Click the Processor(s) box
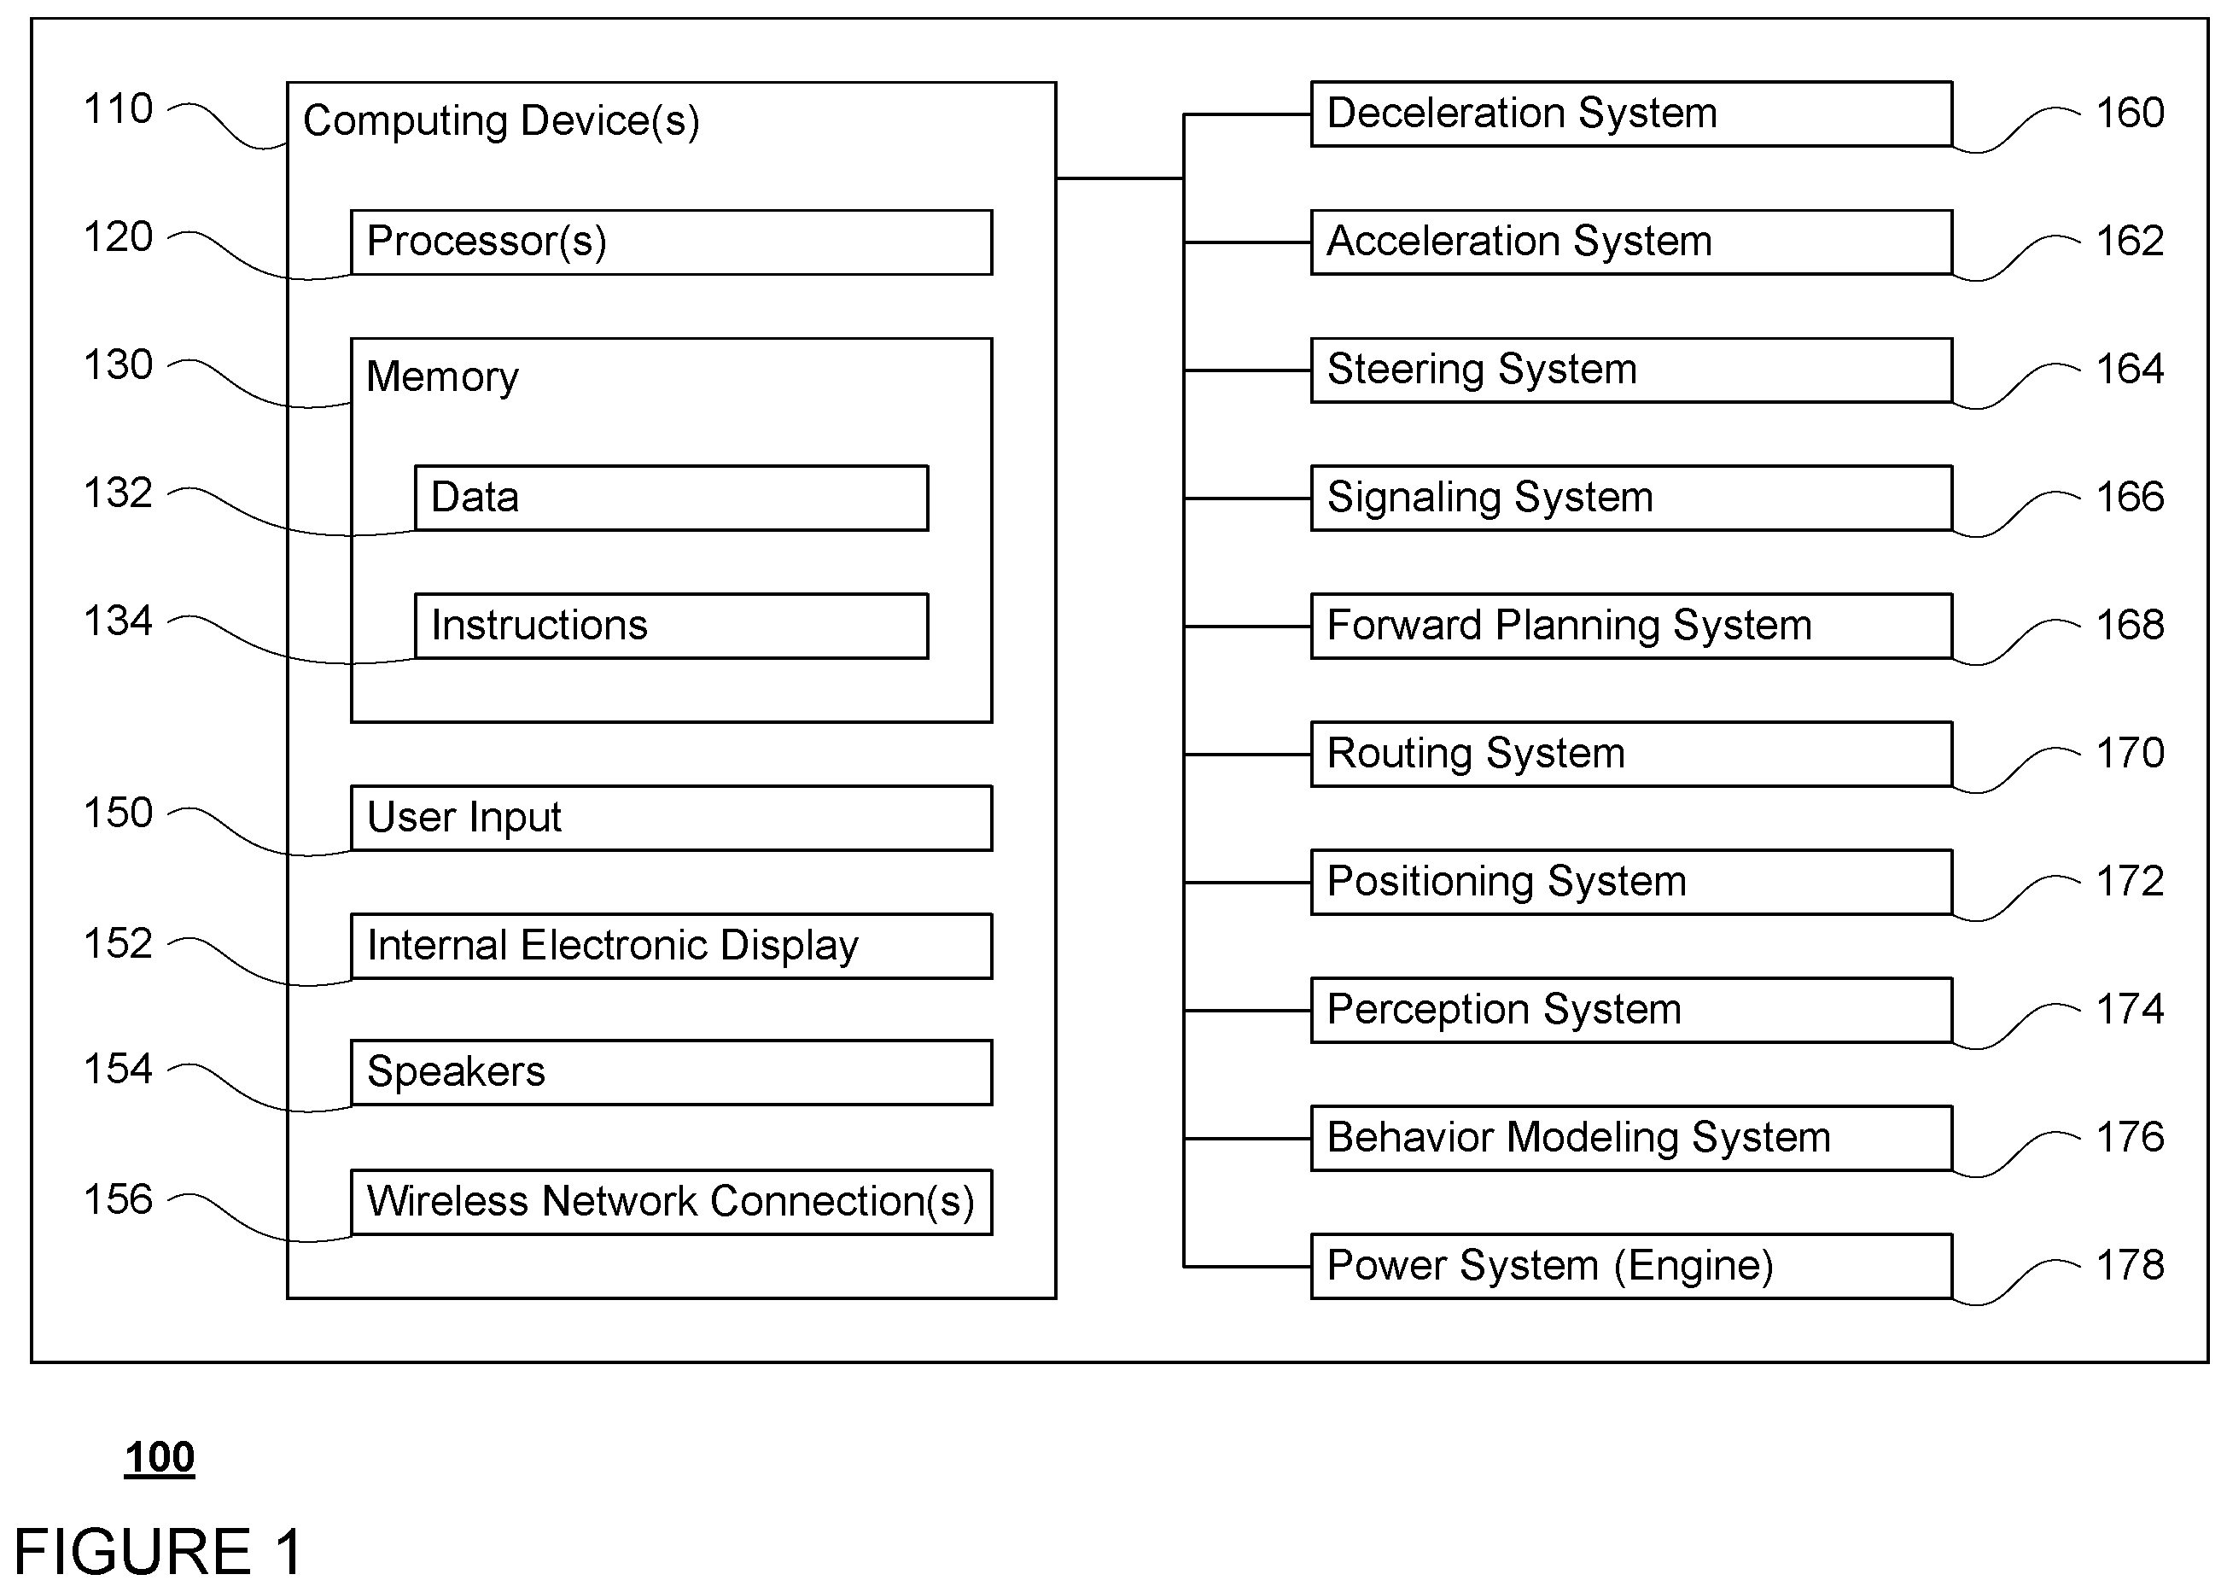pos(672,242)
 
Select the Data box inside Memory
pos(672,498)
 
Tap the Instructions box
pos(672,626)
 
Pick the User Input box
pos(672,818)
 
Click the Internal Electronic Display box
pos(672,946)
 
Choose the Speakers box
pos(672,1072)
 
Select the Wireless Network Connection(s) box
pos(672,1202)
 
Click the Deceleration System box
pos(1632,114)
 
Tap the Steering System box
pos(1632,370)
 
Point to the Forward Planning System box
pos(1632,626)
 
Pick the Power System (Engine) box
pos(1632,1266)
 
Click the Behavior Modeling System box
pos(1632,1138)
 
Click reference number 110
pos(119,108)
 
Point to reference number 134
pos(119,621)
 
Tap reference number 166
pos(2130,497)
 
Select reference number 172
pos(2130,881)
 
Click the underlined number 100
pos(160,1458)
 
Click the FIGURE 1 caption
pos(158,1552)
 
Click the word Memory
pos(442,378)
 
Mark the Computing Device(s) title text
pos(501,121)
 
